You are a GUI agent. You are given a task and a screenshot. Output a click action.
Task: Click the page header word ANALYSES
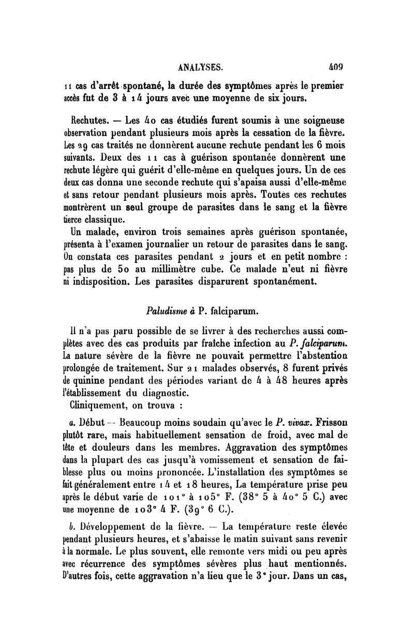point(200,67)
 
